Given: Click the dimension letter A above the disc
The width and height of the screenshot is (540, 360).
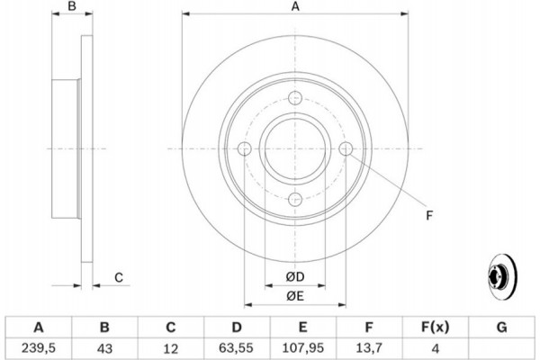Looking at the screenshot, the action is pyautogui.click(x=295, y=6).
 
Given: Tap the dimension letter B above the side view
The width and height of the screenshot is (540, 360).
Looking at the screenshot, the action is pyautogui.click(x=72, y=6).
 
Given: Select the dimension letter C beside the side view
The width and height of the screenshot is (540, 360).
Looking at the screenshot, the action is pyautogui.click(x=119, y=278).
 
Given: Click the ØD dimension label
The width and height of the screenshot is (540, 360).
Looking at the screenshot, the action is pyautogui.click(x=295, y=276).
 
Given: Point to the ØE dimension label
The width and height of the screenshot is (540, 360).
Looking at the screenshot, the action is pyautogui.click(x=295, y=296).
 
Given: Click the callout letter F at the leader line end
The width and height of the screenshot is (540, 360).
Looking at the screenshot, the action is pyautogui.click(x=429, y=216).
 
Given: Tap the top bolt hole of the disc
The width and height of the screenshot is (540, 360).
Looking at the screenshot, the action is pyautogui.click(x=295, y=98).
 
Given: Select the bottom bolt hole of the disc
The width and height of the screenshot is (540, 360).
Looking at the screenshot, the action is pyautogui.click(x=295, y=200).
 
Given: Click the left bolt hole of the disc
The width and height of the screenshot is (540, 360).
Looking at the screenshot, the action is pyautogui.click(x=245, y=148).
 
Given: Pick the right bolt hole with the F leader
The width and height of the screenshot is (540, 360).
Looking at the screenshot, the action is pyautogui.click(x=346, y=148).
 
